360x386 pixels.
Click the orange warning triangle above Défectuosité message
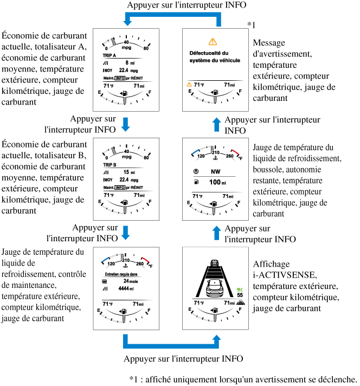(x=212, y=42)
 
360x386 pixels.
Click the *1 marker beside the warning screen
(x=251, y=24)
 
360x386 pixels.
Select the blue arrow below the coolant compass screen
(x=217, y=233)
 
